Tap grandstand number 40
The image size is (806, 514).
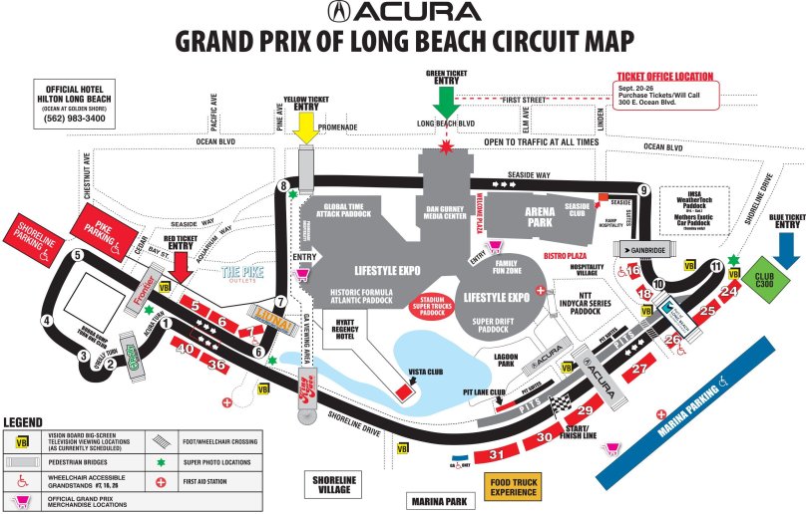coord(185,349)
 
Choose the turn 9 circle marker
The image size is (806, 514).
coord(644,190)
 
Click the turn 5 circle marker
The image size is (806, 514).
coord(77,256)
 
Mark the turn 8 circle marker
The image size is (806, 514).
coord(284,185)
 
